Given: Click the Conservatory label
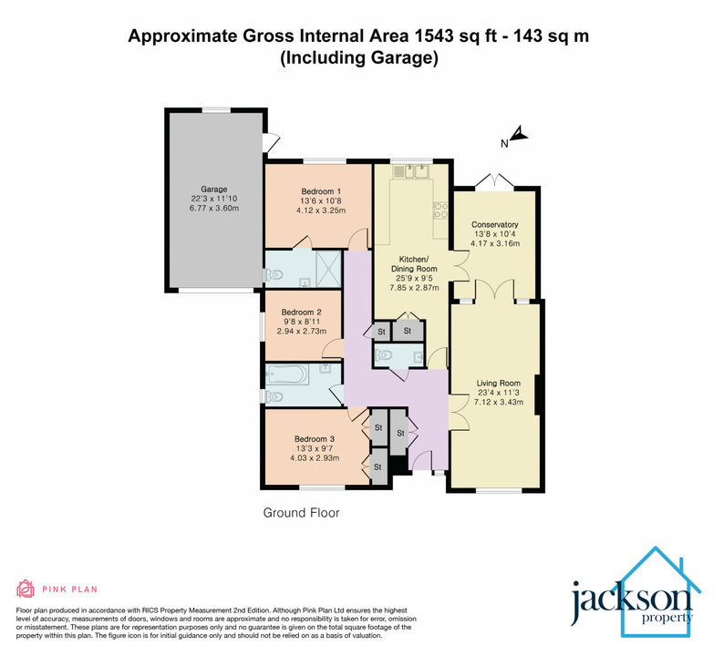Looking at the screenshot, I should [494, 224].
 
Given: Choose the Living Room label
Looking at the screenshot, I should [497, 383].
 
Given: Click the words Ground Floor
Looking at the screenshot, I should [301, 513].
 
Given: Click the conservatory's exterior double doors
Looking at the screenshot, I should [494, 182].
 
